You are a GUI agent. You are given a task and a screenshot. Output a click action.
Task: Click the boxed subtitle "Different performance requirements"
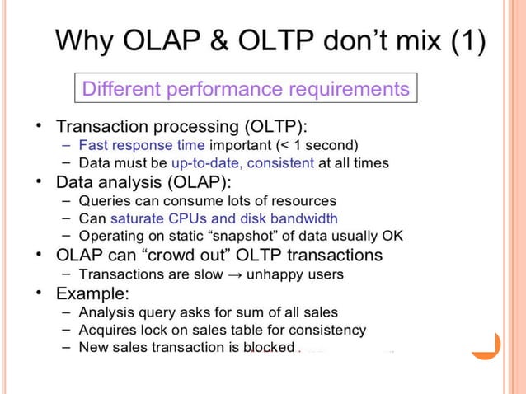[x=246, y=88]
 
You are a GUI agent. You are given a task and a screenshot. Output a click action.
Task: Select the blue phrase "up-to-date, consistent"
[x=242, y=163]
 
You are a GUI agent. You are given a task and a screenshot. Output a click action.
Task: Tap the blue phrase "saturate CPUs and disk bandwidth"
[x=223, y=218]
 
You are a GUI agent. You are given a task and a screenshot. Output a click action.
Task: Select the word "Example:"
[x=91, y=293]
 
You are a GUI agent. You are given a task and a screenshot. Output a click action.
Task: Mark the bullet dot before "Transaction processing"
[x=39, y=126]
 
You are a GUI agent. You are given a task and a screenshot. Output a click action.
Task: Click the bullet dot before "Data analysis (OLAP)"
[x=39, y=181]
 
